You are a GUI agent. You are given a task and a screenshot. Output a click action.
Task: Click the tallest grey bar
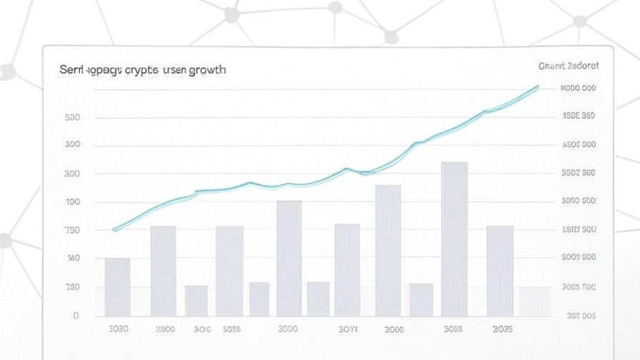(x=454, y=239)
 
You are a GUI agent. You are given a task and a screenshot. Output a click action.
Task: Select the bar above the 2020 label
(x=117, y=286)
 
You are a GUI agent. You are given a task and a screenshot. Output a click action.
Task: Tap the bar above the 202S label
(x=500, y=271)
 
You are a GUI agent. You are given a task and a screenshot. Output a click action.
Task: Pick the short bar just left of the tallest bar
(x=421, y=299)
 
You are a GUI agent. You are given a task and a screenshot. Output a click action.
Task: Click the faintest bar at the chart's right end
(x=534, y=301)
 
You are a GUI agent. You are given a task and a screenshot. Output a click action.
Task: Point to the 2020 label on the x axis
(x=119, y=329)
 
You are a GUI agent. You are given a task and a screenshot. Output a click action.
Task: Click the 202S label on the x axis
(x=503, y=329)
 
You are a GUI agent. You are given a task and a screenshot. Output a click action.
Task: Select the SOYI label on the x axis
(x=348, y=329)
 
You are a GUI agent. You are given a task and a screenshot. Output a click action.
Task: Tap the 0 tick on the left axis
(x=76, y=315)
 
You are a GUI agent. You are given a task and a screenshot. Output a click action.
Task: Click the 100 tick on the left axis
(x=73, y=202)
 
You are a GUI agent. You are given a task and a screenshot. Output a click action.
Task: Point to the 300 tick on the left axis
(x=73, y=145)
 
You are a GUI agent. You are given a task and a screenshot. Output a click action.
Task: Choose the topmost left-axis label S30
(x=73, y=118)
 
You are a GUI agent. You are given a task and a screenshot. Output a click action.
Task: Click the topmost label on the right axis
(x=579, y=89)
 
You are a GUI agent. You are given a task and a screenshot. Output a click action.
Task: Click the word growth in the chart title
(x=207, y=70)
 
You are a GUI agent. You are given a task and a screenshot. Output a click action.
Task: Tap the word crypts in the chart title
(x=142, y=70)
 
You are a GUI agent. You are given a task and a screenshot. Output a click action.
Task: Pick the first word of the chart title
(x=71, y=70)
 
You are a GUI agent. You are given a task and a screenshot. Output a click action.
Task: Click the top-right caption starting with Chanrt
(x=569, y=66)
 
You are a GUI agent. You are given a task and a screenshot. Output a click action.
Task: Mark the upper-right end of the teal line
(x=538, y=86)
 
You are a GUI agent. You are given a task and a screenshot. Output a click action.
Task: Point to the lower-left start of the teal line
(x=114, y=230)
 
